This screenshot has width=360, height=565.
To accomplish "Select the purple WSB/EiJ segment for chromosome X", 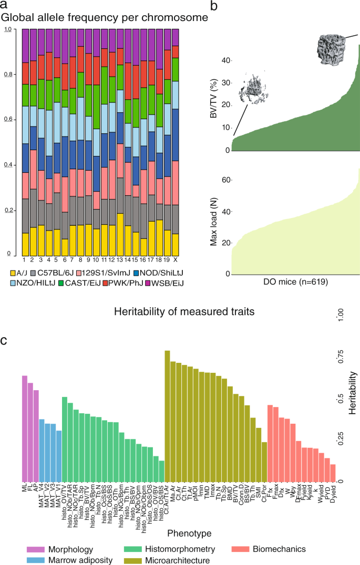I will tap(176, 37).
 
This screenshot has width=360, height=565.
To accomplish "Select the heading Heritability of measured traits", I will tap(184, 312).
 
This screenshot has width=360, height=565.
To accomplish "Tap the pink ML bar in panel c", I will tap(24, 428).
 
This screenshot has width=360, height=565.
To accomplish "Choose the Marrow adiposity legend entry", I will tap(69, 560).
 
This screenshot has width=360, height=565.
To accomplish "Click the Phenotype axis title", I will tap(189, 533).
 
